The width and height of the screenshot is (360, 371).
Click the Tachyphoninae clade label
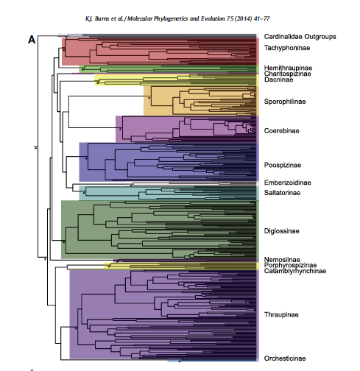[287, 48]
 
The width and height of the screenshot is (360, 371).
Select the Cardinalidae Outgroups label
[300, 37]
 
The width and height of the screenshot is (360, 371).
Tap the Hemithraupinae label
[288, 68]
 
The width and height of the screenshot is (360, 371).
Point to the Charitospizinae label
[287, 74]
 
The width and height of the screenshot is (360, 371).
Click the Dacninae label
[278, 79]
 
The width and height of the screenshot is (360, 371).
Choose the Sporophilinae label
[285, 102]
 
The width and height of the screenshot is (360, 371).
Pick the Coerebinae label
[282, 131]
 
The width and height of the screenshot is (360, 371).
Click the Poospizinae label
[283, 165]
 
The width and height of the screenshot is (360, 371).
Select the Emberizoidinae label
[287, 183]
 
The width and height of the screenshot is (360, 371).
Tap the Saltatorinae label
[282, 193]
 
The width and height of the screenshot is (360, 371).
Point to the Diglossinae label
[282, 231]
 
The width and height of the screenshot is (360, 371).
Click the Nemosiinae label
[282, 259]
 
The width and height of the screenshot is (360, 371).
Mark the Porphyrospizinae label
[290, 265]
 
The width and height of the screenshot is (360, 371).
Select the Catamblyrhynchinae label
[295, 271]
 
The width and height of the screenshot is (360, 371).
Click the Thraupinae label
[281, 314]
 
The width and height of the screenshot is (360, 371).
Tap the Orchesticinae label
[285, 358]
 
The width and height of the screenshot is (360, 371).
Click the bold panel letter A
[32, 40]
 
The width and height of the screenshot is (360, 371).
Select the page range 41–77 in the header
[262, 18]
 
